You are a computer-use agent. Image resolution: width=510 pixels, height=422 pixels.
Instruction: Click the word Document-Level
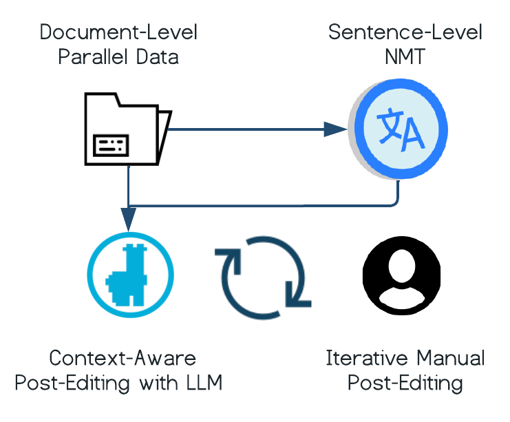(x=118, y=32)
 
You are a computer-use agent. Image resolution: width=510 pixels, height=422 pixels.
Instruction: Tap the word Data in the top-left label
(x=155, y=56)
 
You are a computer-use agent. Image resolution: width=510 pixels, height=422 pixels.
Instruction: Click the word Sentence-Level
(x=405, y=32)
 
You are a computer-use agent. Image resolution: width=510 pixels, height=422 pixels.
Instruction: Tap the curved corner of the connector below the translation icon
(x=394, y=201)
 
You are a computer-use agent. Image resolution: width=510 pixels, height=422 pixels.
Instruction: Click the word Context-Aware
(x=123, y=359)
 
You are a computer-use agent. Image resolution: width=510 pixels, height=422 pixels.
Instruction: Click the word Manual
(x=447, y=359)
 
